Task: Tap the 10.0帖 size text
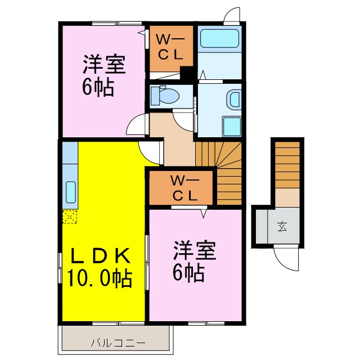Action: (101, 277)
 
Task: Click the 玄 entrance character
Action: (281, 227)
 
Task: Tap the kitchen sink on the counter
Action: (70, 193)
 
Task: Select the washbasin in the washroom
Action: (233, 100)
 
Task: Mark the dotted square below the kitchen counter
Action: (70, 217)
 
